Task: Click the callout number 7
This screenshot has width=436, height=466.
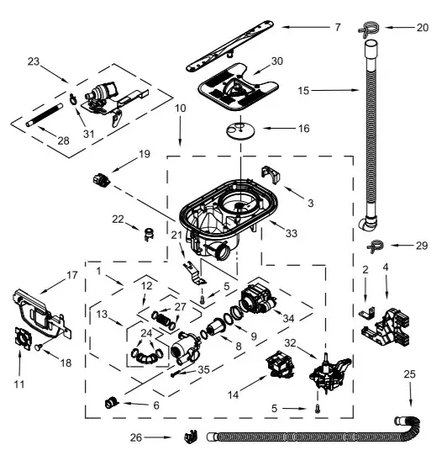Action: coord(336,27)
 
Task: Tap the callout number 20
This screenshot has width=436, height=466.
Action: coord(422,27)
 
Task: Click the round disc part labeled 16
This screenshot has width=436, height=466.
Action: coord(240,129)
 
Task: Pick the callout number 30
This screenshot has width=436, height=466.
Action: coord(277,61)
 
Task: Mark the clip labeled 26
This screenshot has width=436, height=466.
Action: coord(190,437)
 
